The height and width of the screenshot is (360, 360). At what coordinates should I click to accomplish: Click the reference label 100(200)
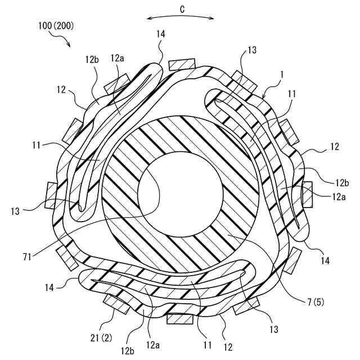tap(56, 26)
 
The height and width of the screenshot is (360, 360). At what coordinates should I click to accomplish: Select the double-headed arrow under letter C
tap(180, 18)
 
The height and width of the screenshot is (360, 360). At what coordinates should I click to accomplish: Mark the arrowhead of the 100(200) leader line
tap(68, 45)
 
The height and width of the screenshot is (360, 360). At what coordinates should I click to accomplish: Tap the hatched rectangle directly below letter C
tap(181, 64)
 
